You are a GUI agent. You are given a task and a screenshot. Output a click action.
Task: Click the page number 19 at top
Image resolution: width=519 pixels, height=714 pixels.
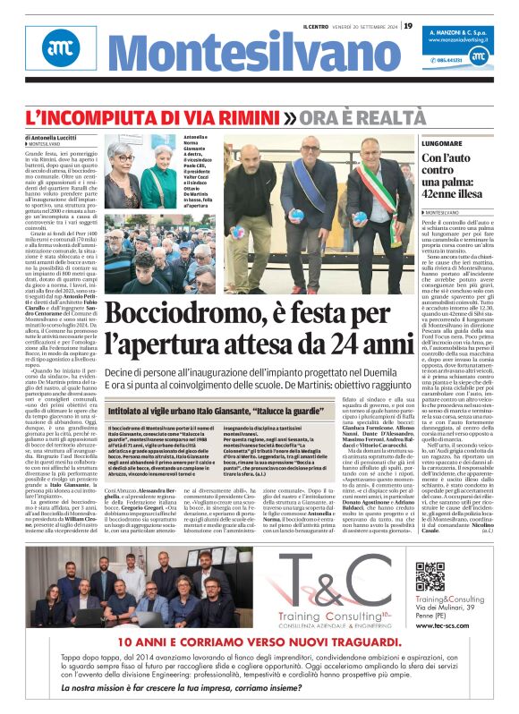coord(407,25)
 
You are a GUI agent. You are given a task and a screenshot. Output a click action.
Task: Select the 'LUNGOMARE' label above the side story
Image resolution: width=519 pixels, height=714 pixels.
coord(445,143)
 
